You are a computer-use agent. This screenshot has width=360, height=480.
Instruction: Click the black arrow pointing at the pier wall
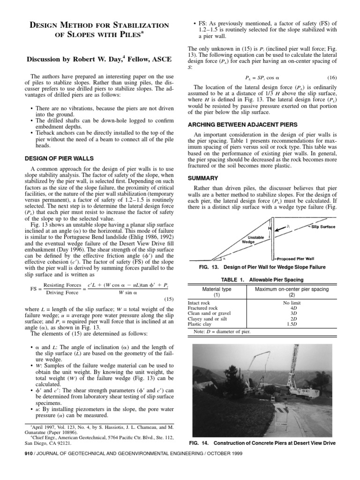click(x=276, y=259)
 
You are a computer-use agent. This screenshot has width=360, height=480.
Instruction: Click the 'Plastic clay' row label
click(x=200, y=324)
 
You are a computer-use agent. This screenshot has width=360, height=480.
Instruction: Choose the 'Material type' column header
click(x=217, y=289)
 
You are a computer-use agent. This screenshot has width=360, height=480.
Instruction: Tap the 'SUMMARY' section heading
click(x=204, y=178)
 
